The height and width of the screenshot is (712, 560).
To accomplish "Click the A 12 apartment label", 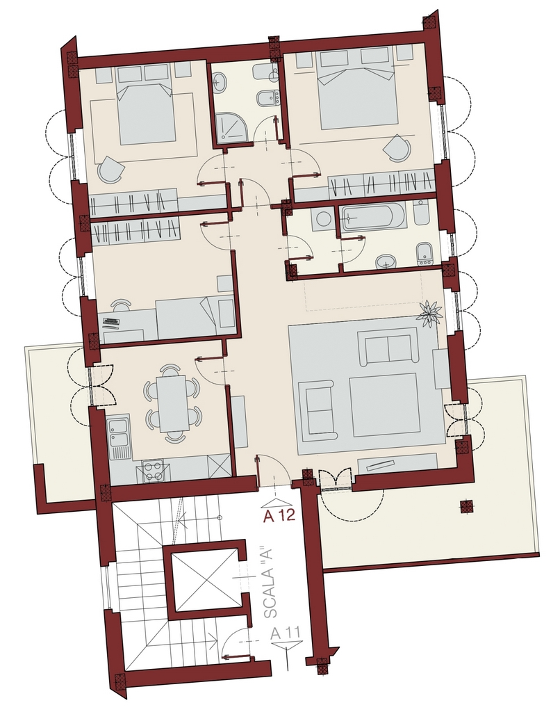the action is (279, 515).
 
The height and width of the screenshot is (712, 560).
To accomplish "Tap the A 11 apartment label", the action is (286, 633).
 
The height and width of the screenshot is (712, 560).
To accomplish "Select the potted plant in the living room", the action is (430, 313).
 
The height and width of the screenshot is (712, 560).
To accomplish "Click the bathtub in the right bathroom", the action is (372, 217).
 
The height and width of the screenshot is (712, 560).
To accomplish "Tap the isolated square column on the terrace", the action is (466, 506).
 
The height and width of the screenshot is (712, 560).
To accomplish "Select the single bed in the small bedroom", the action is (195, 318).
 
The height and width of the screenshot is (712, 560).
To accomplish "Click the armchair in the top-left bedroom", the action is (110, 170).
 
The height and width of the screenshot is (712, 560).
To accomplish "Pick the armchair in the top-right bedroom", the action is (397, 147).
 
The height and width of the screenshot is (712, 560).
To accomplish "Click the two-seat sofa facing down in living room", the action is (388, 348).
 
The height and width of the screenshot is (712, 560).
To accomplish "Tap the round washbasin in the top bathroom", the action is (221, 83).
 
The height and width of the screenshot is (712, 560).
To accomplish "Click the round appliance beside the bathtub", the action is (322, 219).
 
